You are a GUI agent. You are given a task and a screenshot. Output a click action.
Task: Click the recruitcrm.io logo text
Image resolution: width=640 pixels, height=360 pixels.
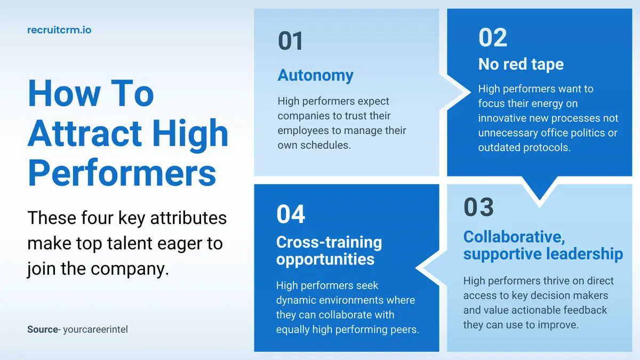point(59,30)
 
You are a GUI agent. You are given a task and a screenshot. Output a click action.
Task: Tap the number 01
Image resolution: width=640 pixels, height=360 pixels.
point(290,42)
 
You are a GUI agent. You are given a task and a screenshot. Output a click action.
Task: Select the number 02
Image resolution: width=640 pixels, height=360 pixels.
point(492,37)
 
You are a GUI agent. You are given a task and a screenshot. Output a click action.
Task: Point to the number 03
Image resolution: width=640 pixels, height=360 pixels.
point(478,207)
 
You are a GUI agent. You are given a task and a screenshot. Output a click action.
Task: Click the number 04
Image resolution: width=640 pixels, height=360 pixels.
point(291,214)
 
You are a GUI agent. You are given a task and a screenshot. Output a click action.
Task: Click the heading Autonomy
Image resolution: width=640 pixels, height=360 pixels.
point(315,76)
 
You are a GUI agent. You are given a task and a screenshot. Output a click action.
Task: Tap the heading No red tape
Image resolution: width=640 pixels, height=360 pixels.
point(521,65)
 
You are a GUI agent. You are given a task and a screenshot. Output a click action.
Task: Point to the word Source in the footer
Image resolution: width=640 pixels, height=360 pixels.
point(42,330)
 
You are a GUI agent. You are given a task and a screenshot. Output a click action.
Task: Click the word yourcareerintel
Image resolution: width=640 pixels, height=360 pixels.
point(95,330)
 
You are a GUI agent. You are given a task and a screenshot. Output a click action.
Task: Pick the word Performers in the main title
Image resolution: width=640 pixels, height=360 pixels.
point(122,172)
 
